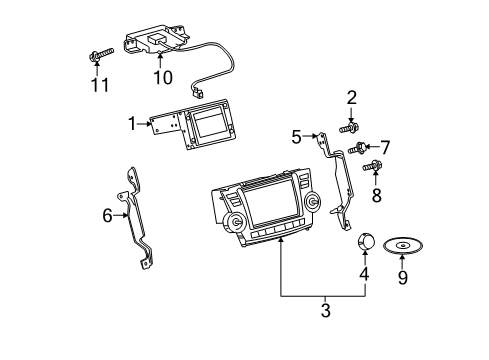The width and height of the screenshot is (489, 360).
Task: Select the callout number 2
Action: [x=351, y=97]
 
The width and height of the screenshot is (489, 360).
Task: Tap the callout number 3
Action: [x=324, y=311]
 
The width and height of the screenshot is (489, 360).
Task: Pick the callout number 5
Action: [x=295, y=135]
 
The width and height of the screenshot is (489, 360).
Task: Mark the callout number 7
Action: [x=384, y=147]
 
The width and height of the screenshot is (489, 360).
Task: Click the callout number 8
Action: [x=376, y=196]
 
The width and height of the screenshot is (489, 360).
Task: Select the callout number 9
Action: [x=403, y=277]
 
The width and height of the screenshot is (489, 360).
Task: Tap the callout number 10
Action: [x=162, y=77]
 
